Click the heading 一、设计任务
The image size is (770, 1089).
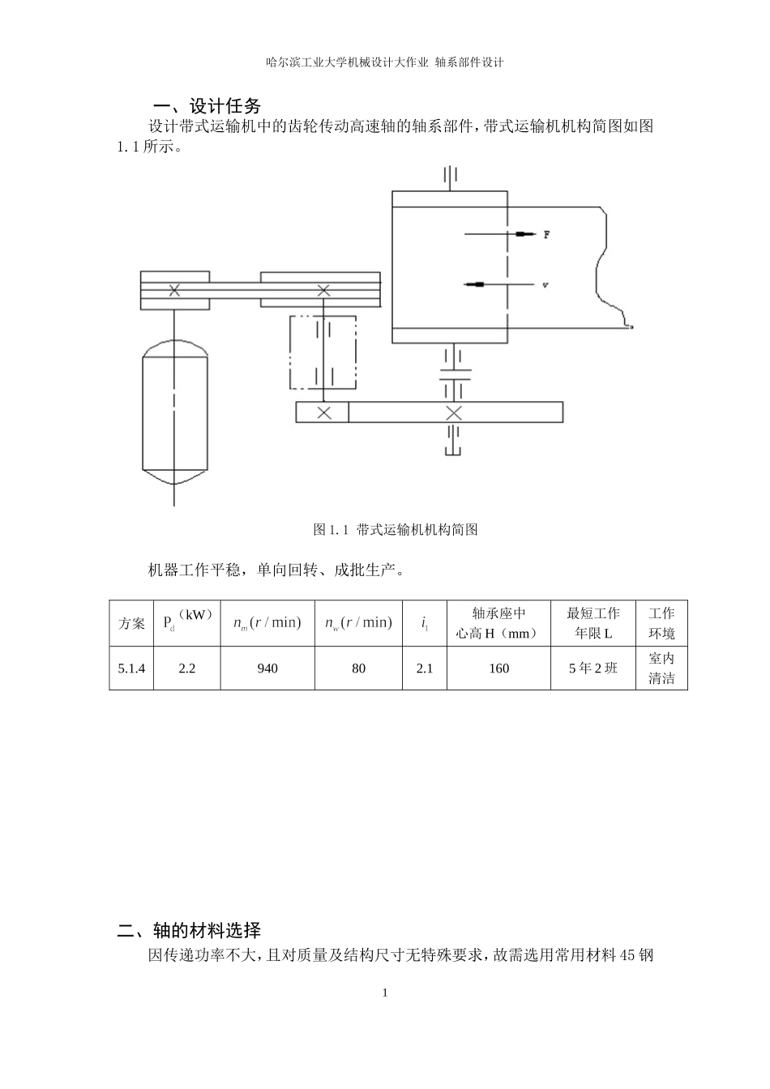point(207,106)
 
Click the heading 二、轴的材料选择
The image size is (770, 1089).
point(189,929)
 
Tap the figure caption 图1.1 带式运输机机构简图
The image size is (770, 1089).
point(396,530)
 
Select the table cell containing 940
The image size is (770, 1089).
point(267,668)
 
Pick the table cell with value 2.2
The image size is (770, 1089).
point(186,668)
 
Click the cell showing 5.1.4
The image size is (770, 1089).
point(131,668)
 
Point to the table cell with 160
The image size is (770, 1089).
point(498,668)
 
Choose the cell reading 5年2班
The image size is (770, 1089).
point(593,668)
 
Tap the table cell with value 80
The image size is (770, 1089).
point(358,668)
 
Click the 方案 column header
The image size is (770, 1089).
point(131,623)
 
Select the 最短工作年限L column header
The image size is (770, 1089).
point(593,623)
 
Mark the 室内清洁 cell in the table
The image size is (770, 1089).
point(661,668)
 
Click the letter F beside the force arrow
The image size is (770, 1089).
point(547,235)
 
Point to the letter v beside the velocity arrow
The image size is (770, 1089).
point(545,285)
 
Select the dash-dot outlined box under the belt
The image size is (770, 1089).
point(322,352)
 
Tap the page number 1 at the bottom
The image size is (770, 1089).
point(385,993)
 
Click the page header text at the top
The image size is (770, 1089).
point(385,62)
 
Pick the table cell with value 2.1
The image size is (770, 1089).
point(425,668)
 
